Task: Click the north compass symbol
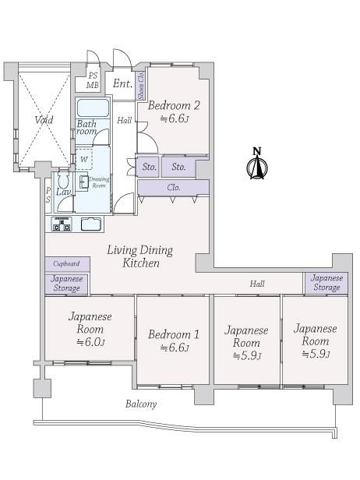coord(257,164)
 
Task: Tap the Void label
coord(44,120)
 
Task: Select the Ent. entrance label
coord(122,83)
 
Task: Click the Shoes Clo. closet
coord(141,86)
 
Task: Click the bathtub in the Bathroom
coord(93,108)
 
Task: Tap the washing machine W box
coord(84,159)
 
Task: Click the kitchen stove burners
coord(62,224)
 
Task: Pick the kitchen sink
coord(91,224)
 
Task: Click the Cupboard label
coord(66,263)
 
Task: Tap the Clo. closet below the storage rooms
coord(173,187)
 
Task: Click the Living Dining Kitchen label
coord(140,256)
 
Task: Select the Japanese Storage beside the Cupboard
coord(66,284)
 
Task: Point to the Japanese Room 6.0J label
coord(90,329)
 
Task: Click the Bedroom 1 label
coord(174,341)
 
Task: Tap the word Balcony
coord(141,404)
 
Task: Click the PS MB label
coord(93,80)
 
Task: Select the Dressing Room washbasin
coord(83,182)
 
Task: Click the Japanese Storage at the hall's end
coord(326,283)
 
